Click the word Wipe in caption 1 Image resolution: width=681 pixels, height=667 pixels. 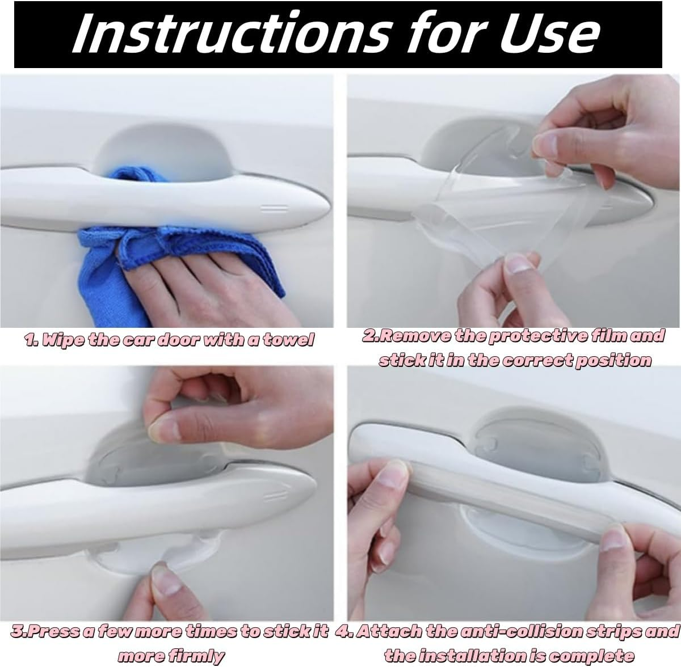tap(62, 340)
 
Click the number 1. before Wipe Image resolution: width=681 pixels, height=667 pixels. tap(32, 340)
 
